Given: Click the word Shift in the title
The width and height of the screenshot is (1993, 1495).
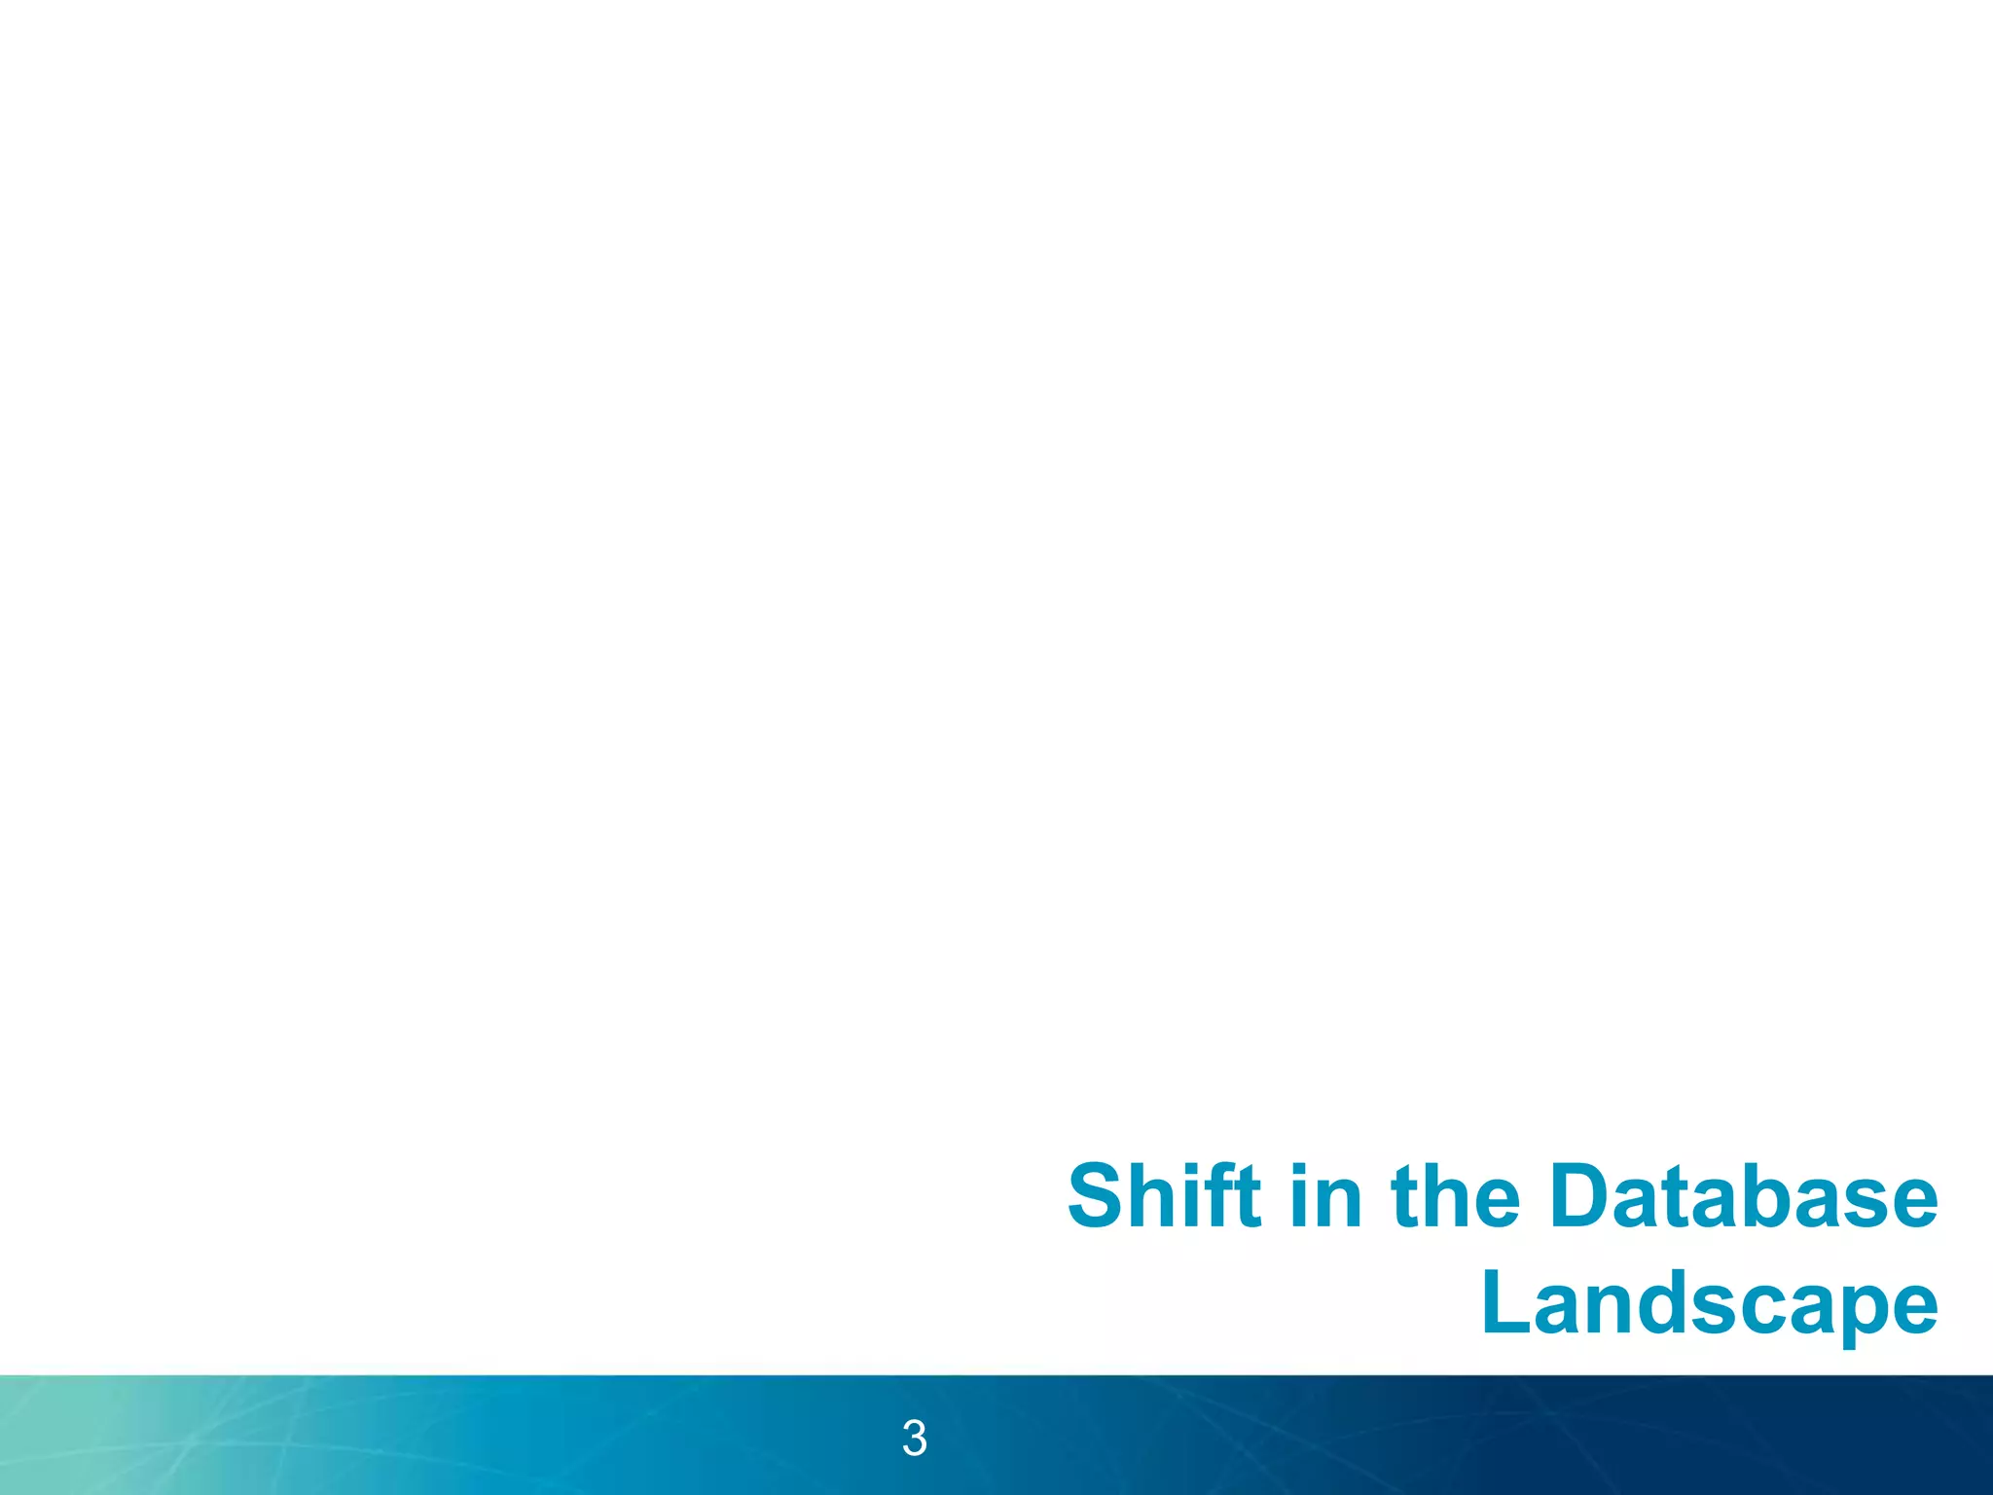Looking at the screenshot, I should point(1164,1196).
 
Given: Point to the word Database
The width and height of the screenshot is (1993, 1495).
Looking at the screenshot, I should point(1743,1196).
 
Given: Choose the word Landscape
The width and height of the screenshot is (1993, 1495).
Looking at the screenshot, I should point(1709,1304).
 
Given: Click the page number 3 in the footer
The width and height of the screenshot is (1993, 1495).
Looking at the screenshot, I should point(914,1439).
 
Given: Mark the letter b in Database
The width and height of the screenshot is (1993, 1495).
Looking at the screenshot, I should point(1774,1196).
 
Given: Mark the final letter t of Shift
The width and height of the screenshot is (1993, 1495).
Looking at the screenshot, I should point(1246,1196).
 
